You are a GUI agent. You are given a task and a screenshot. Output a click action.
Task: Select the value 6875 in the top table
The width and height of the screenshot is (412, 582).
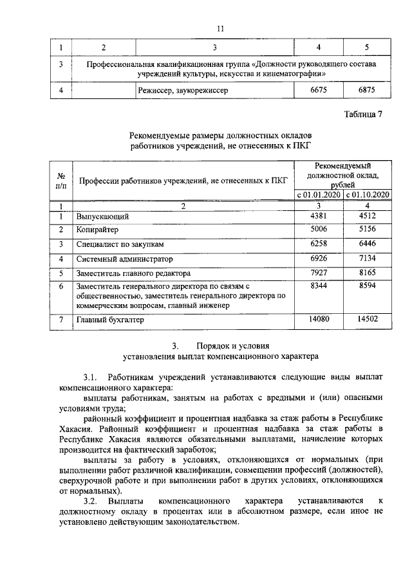(366, 91)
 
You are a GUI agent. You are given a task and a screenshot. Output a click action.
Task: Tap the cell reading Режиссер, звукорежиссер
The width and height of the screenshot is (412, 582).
(183, 91)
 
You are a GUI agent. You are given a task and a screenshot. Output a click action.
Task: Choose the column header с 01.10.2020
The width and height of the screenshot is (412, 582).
(368, 194)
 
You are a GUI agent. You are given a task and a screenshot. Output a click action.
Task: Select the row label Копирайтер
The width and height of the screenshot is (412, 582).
(98, 230)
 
